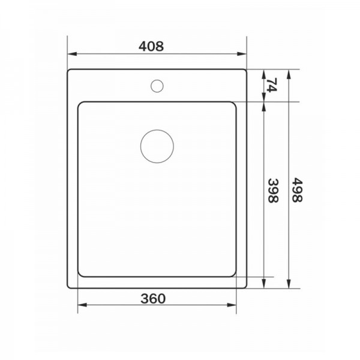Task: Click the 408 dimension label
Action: tap(151, 46)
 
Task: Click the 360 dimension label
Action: tap(153, 298)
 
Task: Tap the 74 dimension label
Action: tap(272, 85)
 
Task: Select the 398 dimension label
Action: tap(274, 191)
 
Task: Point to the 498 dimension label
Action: tap(298, 190)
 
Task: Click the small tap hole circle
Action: tap(157, 86)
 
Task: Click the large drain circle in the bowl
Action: tap(157, 146)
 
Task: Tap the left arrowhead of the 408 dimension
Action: tap(72, 54)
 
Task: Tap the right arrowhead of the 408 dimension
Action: tap(242, 54)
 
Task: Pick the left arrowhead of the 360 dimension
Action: tap(82, 305)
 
